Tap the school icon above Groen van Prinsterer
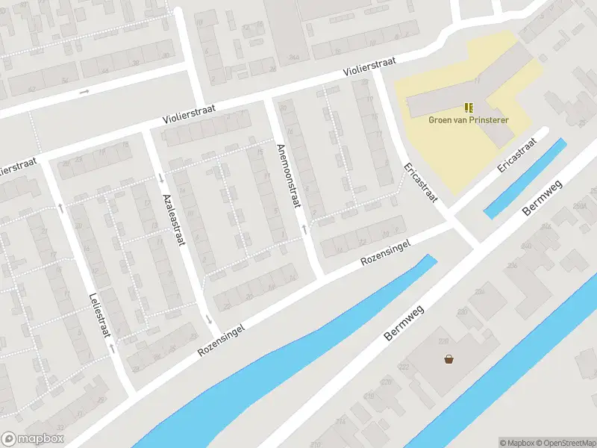coord(469,108)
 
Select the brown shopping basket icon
coord(448,358)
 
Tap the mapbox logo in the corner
coord(33,439)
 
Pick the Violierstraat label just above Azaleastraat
coord(190,114)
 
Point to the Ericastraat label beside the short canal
coord(517,155)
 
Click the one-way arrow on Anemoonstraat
coord(304,226)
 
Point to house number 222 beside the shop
coord(404,367)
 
